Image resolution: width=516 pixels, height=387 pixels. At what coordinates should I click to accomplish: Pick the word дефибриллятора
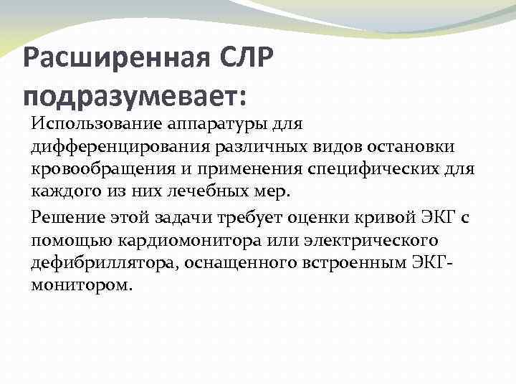102,262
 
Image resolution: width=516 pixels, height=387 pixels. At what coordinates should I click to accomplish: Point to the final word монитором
81,285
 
